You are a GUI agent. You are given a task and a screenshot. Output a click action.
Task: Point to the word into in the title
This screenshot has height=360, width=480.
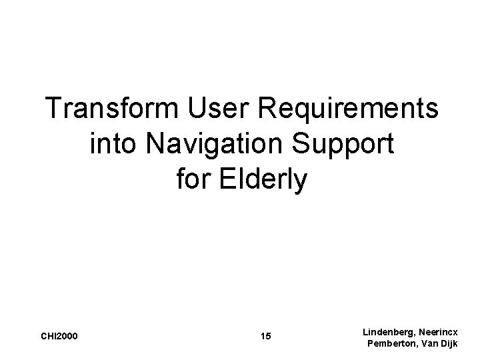113,143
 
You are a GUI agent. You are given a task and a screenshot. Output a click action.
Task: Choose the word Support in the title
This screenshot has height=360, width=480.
348,145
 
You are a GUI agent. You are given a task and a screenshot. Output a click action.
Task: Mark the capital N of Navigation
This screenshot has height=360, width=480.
154,143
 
